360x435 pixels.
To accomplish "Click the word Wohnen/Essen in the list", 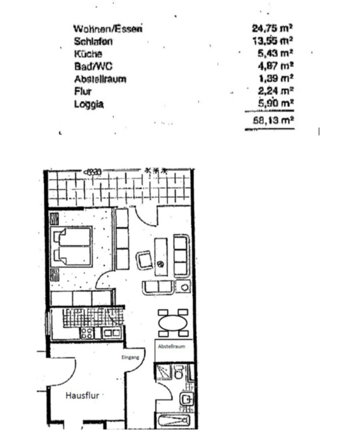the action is click(x=108, y=28).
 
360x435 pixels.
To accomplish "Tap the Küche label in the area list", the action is click(x=88, y=53).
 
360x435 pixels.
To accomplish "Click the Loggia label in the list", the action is click(x=89, y=104).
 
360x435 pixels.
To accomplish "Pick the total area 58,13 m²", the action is click(x=271, y=121).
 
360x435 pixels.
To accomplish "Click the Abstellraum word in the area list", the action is click(x=100, y=79).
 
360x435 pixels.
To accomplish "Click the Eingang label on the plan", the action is click(x=130, y=358).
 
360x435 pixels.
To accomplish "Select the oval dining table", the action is click(x=173, y=322).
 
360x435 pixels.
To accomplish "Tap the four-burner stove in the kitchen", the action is click(x=87, y=333).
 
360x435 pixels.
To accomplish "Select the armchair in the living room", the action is click(x=145, y=260).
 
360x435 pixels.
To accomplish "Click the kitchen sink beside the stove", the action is click(x=111, y=333).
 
